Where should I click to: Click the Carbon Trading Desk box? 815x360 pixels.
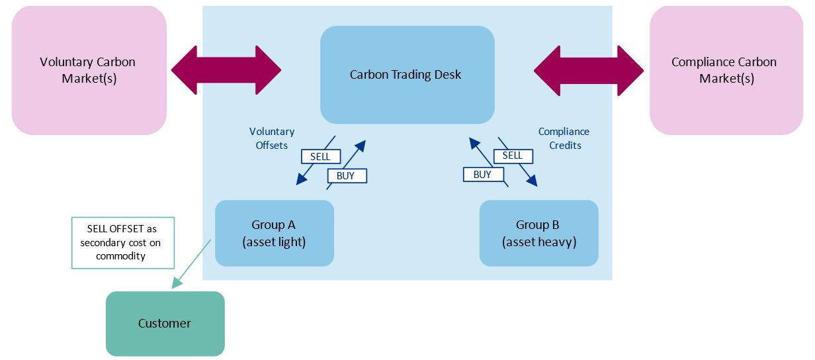(407, 75)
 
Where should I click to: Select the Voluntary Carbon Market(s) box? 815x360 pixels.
(89, 70)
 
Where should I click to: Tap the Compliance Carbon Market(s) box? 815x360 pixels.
(726, 70)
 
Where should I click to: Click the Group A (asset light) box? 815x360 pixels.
(274, 234)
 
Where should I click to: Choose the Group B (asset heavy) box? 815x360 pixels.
(538, 234)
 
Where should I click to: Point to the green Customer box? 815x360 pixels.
(165, 324)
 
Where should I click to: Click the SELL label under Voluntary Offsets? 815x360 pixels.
(320, 157)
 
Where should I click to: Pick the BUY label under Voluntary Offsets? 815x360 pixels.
(346, 175)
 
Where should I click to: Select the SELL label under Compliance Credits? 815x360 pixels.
(513, 156)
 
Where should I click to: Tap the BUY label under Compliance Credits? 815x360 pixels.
(483, 174)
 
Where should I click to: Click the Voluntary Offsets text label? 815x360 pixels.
(272, 138)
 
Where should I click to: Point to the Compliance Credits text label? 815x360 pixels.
(564, 138)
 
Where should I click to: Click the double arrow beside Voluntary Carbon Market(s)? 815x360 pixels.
(226, 70)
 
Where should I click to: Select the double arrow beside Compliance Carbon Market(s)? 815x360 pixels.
(588, 70)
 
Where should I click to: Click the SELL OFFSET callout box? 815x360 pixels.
(122, 243)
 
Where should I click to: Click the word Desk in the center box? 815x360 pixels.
(448, 75)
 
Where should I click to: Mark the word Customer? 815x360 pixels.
(165, 324)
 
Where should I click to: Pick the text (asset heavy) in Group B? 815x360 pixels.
(538, 242)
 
